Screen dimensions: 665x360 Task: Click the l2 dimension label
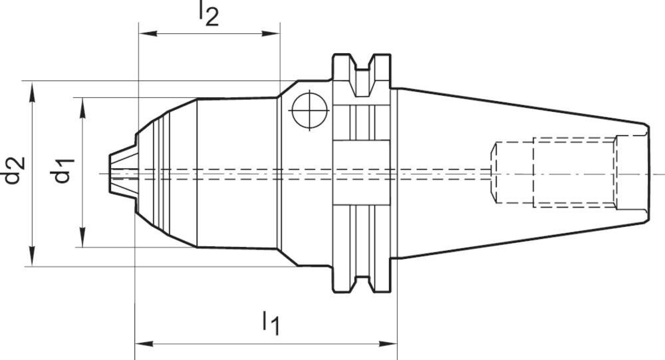point(209,14)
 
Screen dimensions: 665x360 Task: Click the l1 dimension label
point(271,323)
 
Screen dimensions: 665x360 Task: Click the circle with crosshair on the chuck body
point(310,110)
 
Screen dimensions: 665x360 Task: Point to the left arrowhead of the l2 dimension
point(148,33)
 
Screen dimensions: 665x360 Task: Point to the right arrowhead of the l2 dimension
point(271,33)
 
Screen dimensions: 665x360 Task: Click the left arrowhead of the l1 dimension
point(144,343)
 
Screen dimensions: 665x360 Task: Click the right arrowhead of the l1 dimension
point(388,343)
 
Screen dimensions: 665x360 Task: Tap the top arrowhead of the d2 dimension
point(32,92)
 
